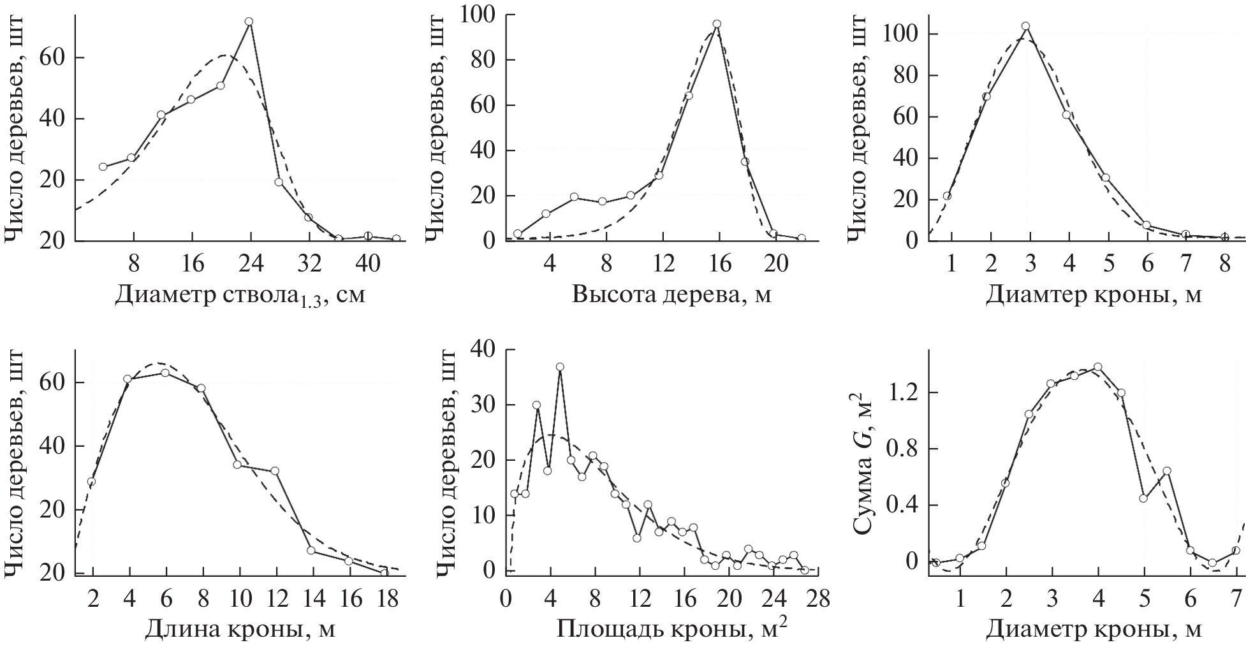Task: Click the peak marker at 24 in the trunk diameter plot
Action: [249, 22]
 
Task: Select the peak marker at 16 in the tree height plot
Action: [717, 24]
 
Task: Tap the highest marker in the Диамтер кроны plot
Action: [1025, 27]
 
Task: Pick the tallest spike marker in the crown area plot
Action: [560, 367]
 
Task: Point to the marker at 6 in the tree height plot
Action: [574, 198]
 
